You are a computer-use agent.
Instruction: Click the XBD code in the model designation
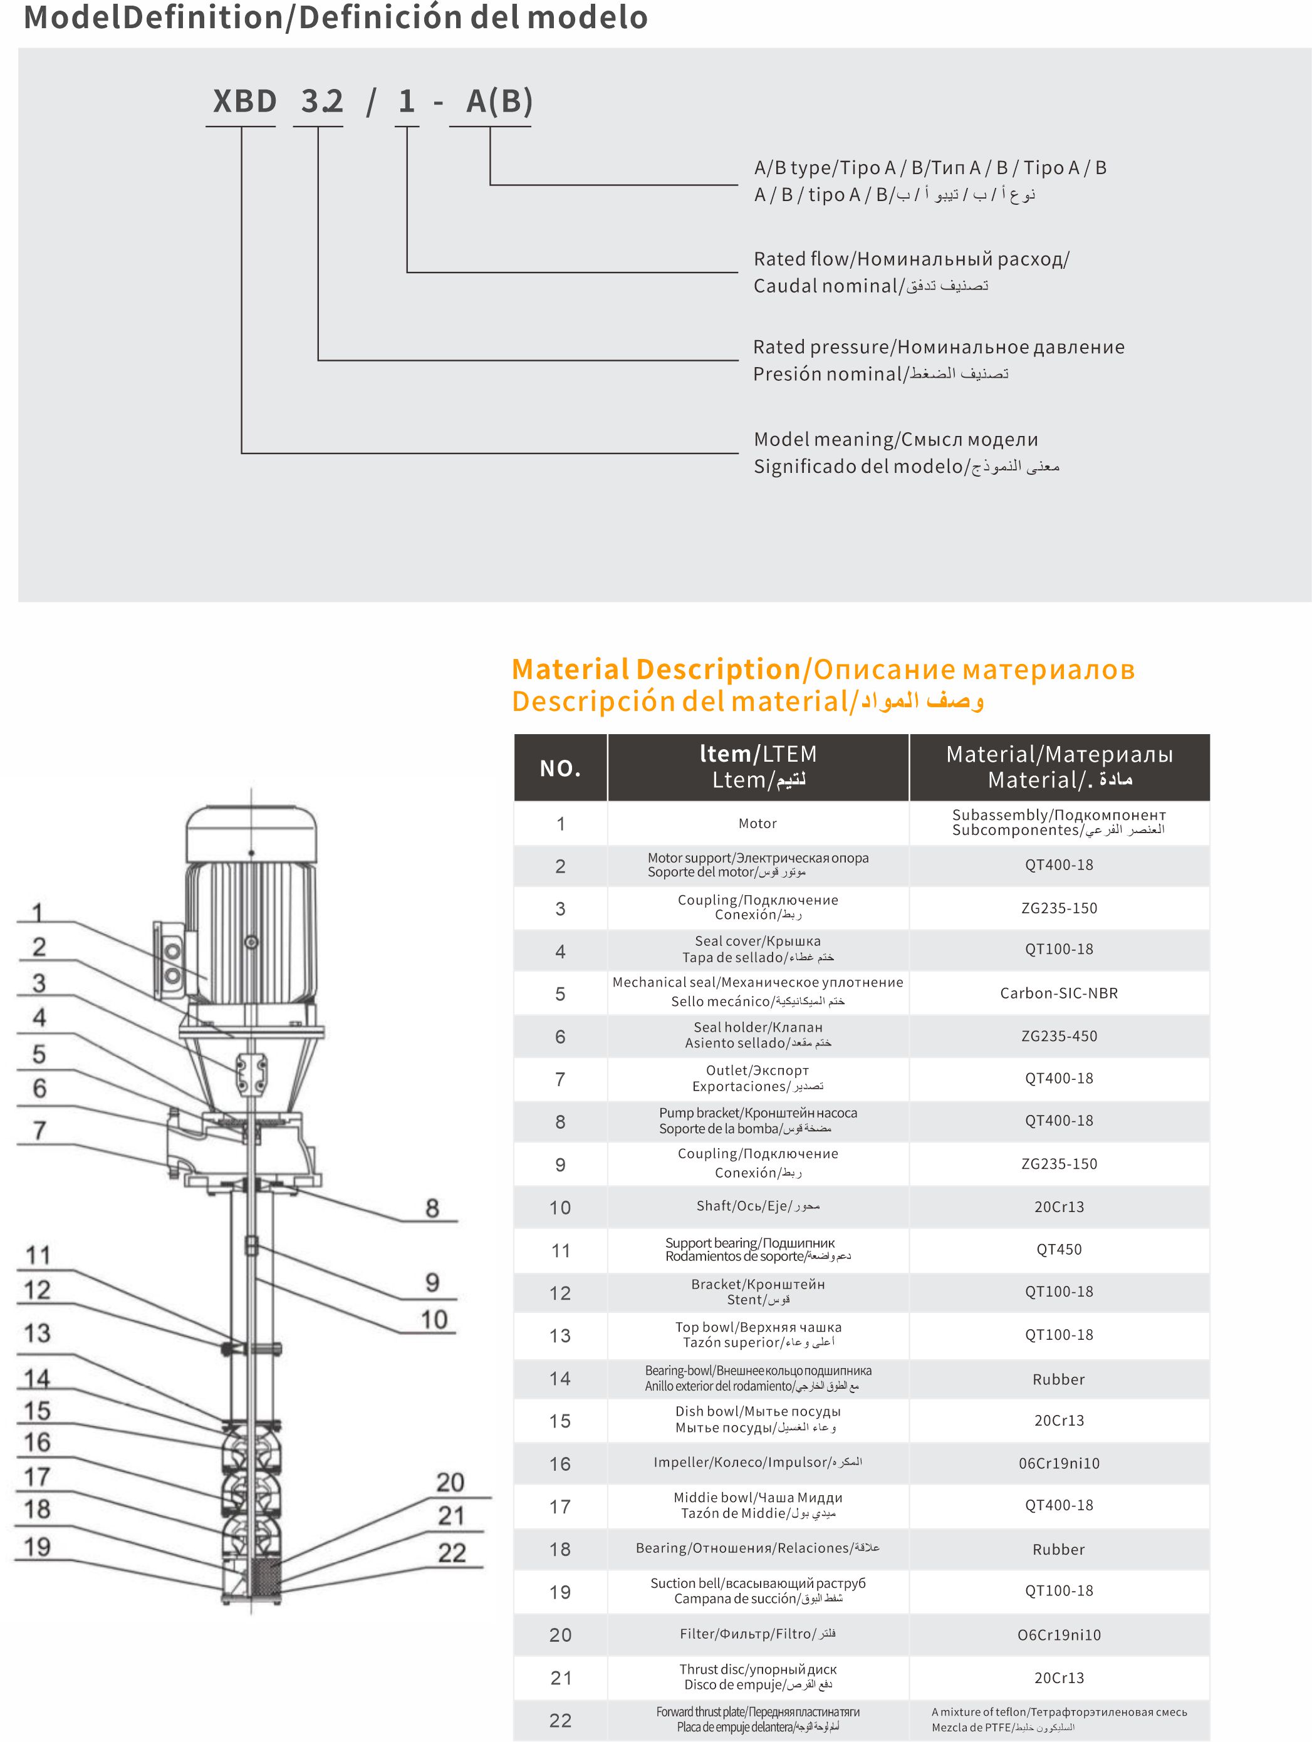(244, 101)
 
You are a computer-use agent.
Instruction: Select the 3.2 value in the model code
(322, 101)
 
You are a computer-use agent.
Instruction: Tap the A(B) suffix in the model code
(499, 101)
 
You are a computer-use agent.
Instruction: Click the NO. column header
(560, 768)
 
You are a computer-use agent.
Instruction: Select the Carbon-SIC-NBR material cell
(1058, 993)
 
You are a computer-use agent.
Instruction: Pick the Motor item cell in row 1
(758, 824)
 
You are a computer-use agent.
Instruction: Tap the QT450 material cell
(1058, 1249)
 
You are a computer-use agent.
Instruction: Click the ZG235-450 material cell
(1058, 1035)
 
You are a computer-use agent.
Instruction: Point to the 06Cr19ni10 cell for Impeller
(1058, 1463)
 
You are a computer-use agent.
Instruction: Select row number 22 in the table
(560, 1720)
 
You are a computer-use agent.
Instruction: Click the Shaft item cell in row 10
(758, 1206)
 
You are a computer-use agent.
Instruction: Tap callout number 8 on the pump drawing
(432, 1208)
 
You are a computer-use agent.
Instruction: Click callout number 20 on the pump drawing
(450, 1482)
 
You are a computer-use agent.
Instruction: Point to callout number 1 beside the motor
(37, 913)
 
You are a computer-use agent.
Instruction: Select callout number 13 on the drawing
(37, 1333)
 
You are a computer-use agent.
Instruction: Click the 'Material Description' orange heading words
(656, 670)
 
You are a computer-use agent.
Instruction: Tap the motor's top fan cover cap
(251, 832)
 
